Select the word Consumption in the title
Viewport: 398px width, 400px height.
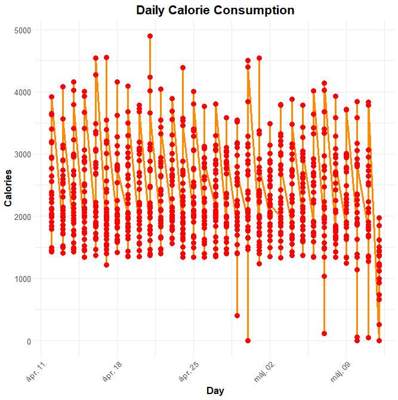tap(257, 11)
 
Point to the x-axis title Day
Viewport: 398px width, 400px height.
tap(215, 390)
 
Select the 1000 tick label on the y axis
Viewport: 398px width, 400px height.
tap(23, 279)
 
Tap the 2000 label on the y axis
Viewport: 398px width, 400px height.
tap(23, 216)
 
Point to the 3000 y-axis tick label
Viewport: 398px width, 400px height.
tap(23, 154)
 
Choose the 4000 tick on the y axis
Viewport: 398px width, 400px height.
tap(23, 92)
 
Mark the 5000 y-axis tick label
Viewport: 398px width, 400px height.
tap(23, 30)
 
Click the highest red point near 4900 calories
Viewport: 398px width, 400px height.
tap(150, 36)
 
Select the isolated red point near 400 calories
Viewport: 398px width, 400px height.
tap(237, 316)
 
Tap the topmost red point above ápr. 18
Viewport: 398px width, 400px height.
tap(118, 82)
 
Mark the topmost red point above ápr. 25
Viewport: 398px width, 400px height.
tap(194, 92)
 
